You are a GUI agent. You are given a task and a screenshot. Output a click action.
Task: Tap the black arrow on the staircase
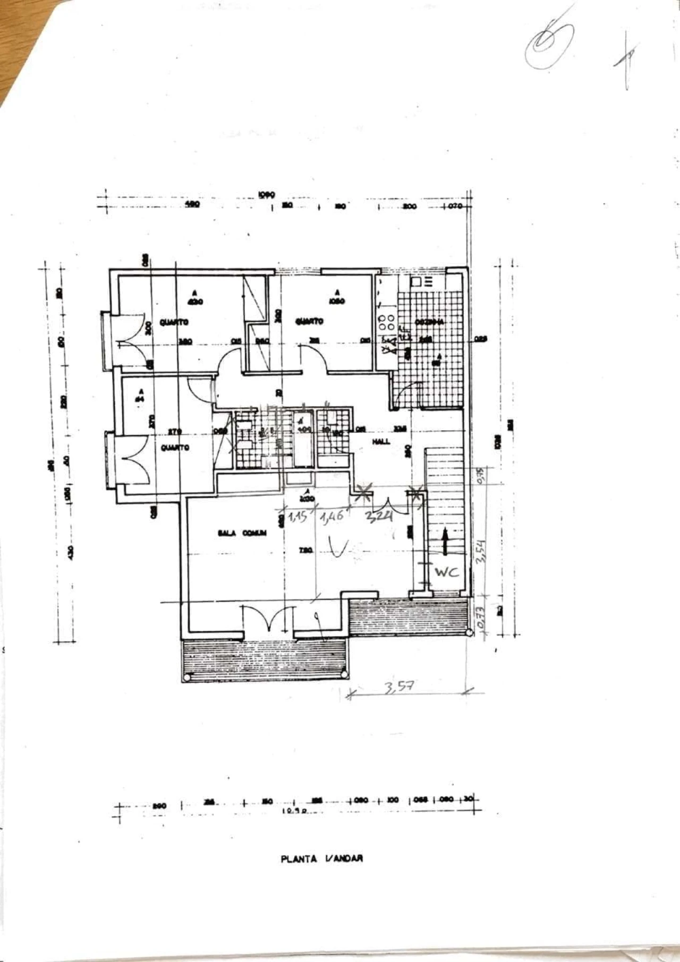tap(444, 541)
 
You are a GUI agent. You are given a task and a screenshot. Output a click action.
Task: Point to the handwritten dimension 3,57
tap(398, 687)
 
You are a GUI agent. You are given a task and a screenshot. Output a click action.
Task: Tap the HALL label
tap(381, 441)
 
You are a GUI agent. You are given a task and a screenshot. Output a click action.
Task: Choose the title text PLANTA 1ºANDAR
tap(322, 873)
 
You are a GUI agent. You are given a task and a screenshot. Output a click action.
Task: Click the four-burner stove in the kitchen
tap(386, 322)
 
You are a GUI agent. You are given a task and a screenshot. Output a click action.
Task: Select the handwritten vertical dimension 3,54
tap(482, 553)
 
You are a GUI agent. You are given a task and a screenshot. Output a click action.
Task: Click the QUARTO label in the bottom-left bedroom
tap(175, 448)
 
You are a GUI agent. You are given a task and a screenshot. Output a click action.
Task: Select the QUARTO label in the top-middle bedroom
tap(309, 321)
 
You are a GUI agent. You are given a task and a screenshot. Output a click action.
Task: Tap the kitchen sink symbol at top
tap(422, 281)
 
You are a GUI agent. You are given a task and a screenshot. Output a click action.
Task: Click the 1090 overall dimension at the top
tap(266, 195)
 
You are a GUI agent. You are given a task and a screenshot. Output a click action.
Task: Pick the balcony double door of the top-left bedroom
tap(129, 339)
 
